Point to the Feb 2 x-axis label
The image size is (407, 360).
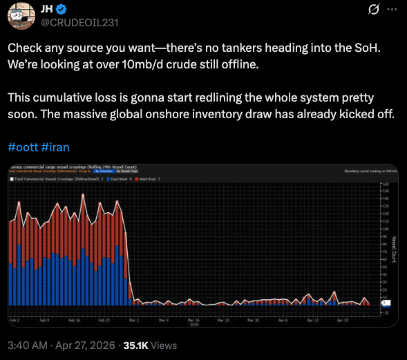click(15, 321)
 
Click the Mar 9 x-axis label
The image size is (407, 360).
click(163, 321)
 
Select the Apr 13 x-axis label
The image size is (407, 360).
click(312, 321)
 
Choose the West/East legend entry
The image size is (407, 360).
click(149, 179)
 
